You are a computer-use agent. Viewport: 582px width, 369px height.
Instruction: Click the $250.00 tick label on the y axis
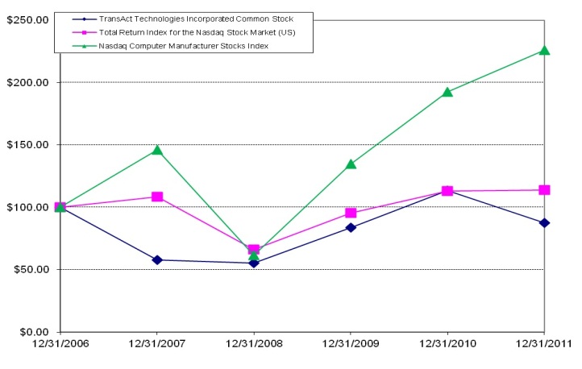coord(27,19)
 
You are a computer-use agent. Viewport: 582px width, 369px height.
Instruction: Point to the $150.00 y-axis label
coord(27,145)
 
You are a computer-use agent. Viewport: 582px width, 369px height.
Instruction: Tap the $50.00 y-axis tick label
coord(29,270)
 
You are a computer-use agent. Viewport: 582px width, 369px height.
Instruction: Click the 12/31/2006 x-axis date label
coord(60,345)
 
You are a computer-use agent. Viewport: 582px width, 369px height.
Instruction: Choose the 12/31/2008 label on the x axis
coord(254,345)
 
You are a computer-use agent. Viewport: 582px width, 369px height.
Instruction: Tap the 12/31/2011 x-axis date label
coord(544,345)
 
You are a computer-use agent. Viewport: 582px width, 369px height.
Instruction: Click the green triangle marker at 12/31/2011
coord(544,50)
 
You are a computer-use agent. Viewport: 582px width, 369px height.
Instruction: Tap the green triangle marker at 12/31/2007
coord(157,150)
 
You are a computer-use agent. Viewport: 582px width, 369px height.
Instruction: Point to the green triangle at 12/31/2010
coord(447,92)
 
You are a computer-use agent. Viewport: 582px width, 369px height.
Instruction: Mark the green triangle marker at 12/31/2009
coord(351,164)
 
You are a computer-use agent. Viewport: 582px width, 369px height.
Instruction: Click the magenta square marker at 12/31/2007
coord(157,197)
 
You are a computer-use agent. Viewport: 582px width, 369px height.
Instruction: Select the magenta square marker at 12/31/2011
coord(544,190)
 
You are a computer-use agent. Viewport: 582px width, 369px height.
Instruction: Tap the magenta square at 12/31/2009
coord(351,213)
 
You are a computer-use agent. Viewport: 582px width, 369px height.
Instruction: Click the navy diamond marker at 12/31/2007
coord(157,259)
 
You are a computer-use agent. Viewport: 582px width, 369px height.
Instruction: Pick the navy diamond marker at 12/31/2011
coord(544,222)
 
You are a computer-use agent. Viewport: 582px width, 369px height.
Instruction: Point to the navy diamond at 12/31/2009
coord(351,227)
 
